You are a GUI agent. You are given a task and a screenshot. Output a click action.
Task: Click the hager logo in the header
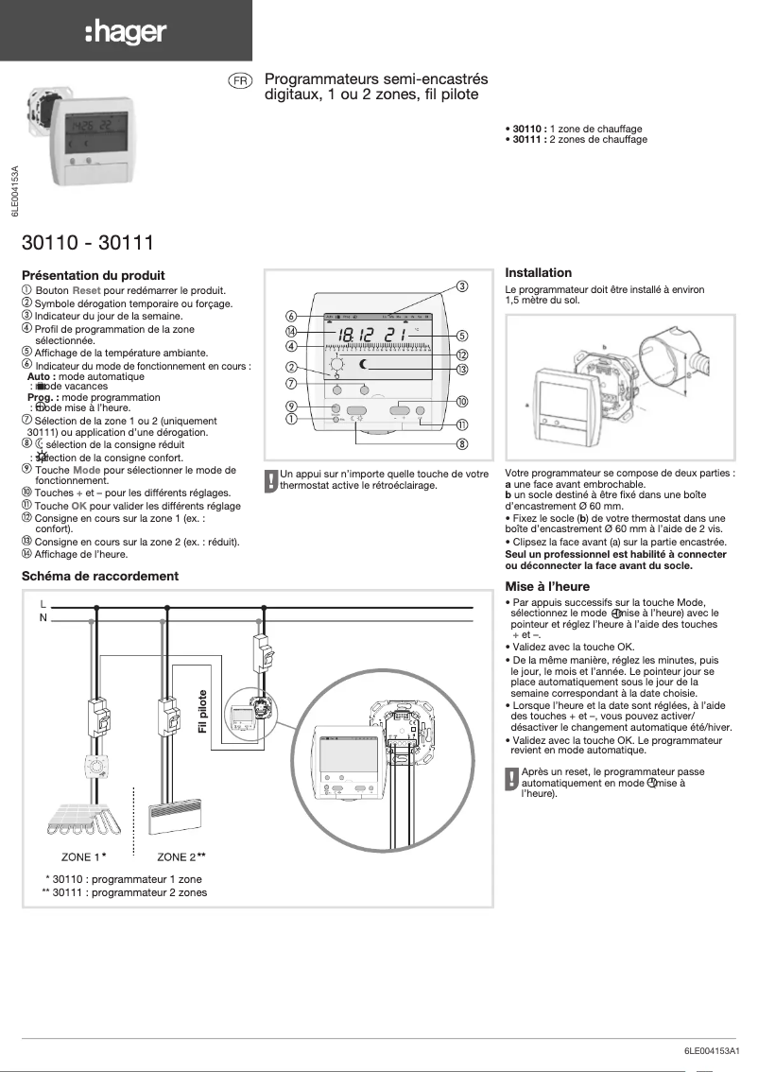click(126, 33)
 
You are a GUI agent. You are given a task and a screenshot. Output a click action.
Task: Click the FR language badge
click(240, 81)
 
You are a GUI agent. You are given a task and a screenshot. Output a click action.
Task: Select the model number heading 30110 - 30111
click(87, 243)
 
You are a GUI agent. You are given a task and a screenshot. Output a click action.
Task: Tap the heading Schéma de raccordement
click(99, 576)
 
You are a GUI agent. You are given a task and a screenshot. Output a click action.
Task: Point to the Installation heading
click(539, 272)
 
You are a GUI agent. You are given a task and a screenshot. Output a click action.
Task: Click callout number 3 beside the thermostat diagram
click(463, 285)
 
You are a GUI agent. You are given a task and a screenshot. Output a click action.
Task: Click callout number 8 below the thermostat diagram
click(462, 443)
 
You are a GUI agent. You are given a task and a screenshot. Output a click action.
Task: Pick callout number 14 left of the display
click(292, 331)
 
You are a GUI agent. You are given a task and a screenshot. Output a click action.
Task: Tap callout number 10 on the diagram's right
click(462, 402)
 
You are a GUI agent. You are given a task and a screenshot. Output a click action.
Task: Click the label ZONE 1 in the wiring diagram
click(81, 857)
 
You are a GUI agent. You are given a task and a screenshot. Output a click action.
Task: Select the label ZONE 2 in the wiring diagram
click(178, 857)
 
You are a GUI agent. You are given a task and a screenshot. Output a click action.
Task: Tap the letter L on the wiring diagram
click(43, 603)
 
